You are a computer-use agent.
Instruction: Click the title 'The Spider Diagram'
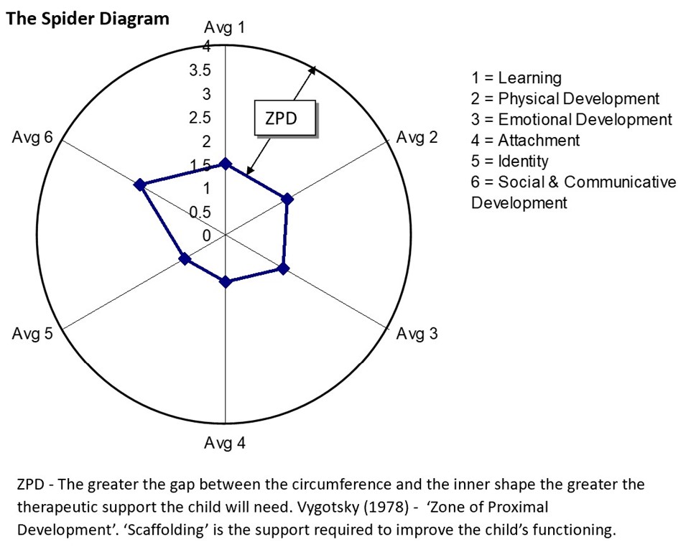tap(87, 19)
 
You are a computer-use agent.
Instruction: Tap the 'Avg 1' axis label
tap(224, 28)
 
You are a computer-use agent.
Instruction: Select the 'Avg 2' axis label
tap(417, 137)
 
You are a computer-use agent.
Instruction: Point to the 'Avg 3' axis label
tap(417, 334)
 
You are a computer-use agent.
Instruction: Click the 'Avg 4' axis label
tap(224, 443)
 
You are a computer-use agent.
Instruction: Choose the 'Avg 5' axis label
tap(32, 333)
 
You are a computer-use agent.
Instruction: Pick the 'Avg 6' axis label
tap(32, 137)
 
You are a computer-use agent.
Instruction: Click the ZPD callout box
tap(285, 118)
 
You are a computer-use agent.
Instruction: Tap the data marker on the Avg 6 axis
tap(140, 184)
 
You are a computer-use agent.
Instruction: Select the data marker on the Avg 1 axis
tap(226, 164)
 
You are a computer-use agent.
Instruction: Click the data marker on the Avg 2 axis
tap(287, 200)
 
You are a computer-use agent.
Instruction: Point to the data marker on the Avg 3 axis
tap(284, 268)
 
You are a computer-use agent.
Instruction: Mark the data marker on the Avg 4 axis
tap(226, 281)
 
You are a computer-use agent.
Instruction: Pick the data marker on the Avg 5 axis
tap(185, 258)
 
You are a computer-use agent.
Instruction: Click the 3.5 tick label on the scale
tap(200, 70)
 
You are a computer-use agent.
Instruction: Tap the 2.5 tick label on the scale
tap(200, 118)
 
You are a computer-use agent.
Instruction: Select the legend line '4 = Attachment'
tap(525, 140)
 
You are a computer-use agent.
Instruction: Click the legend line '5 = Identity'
tap(509, 162)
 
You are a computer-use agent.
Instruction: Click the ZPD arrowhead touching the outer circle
tap(313, 70)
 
